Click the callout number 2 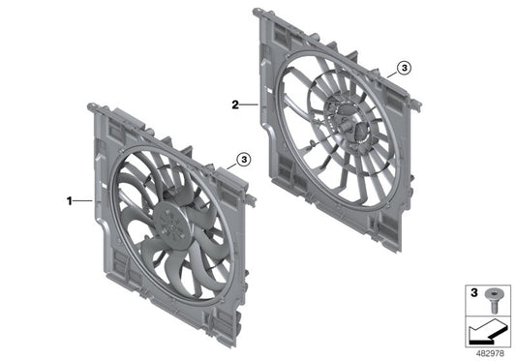tap(235, 103)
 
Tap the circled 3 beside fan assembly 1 tap(243, 158)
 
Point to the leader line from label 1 tap(83, 201)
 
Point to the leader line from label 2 tap(249, 103)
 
